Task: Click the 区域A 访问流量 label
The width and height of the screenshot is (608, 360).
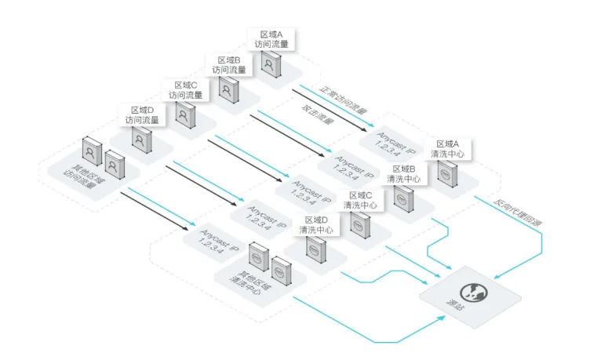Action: (x=271, y=39)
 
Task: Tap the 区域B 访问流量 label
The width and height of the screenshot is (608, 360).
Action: (x=229, y=65)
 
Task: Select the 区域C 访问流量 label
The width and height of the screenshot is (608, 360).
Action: (x=185, y=90)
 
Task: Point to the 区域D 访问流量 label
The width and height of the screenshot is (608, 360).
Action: (x=142, y=115)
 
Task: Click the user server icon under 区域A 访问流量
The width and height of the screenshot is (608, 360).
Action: (x=271, y=64)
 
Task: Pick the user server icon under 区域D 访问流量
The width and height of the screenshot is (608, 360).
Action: (x=141, y=140)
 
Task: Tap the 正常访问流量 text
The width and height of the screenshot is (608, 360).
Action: (x=343, y=100)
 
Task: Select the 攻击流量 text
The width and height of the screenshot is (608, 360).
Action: (x=317, y=115)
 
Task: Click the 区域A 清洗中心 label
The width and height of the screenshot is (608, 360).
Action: (x=447, y=149)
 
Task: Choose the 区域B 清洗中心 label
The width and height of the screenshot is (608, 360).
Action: (x=404, y=174)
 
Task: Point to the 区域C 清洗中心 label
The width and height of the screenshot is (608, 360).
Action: (x=360, y=200)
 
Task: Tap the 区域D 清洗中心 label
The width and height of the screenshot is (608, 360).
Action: (x=316, y=225)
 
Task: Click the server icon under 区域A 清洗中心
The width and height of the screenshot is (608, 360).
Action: (x=447, y=174)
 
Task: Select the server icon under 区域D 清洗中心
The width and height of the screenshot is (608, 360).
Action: (x=316, y=250)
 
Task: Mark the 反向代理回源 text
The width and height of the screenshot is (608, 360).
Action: (x=517, y=213)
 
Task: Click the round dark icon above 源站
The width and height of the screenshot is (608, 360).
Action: (x=474, y=293)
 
